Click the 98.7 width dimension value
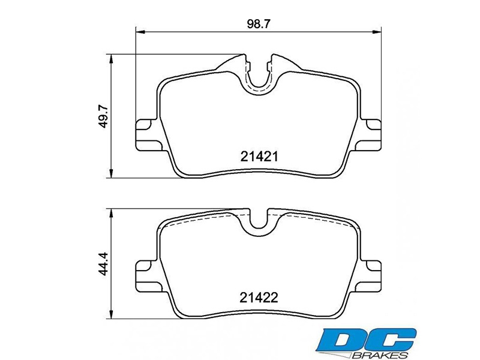click(x=258, y=24)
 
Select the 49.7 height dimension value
click(x=103, y=116)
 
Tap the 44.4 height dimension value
click(x=103, y=264)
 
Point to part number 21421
click(x=259, y=157)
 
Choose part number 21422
click(x=259, y=297)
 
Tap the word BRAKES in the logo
click(x=380, y=355)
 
